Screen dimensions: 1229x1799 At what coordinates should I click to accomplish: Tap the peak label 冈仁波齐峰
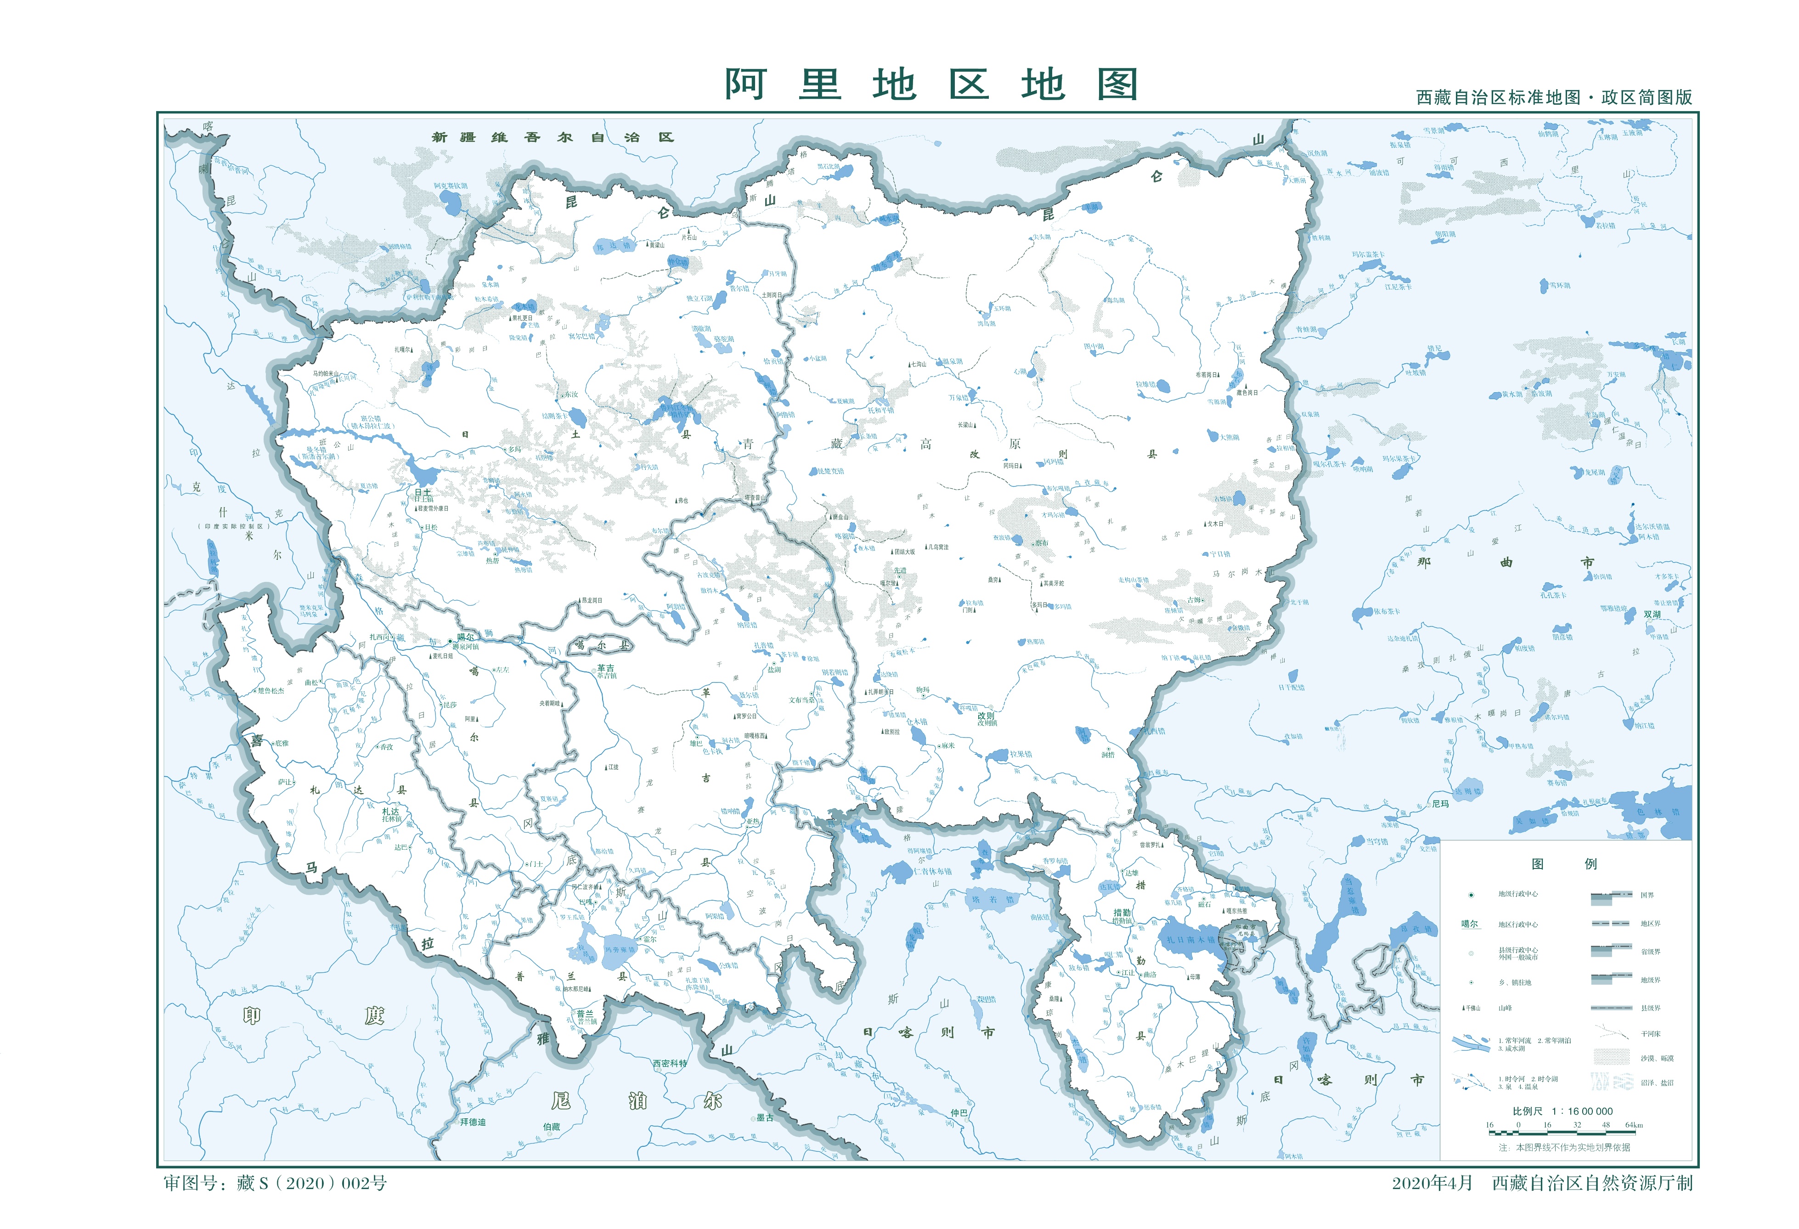pyautogui.click(x=586, y=887)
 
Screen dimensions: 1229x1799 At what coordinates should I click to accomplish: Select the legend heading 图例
pyautogui.click(x=1564, y=864)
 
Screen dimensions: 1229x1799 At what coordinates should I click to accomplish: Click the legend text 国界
pyautogui.click(x=1647, y=896)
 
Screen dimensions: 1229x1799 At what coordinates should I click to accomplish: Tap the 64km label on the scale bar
pyautogui.click(x=1633, y=1125)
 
